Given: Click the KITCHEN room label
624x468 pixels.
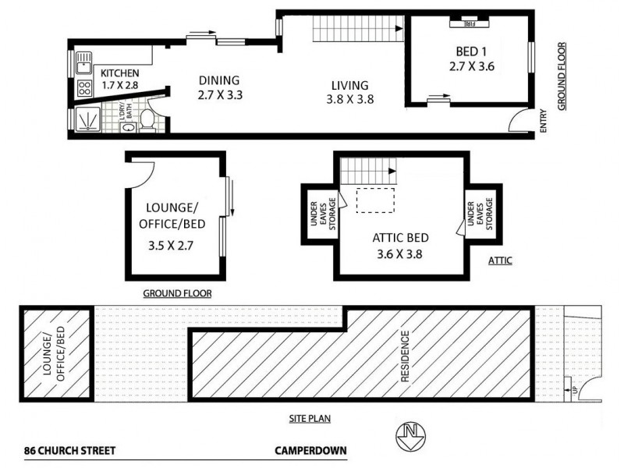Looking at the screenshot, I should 120,73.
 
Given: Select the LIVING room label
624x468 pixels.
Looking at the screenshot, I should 349,85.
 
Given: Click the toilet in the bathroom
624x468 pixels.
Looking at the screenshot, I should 147,119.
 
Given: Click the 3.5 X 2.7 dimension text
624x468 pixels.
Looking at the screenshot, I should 171,245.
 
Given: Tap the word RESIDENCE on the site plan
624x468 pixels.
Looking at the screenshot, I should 405,356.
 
